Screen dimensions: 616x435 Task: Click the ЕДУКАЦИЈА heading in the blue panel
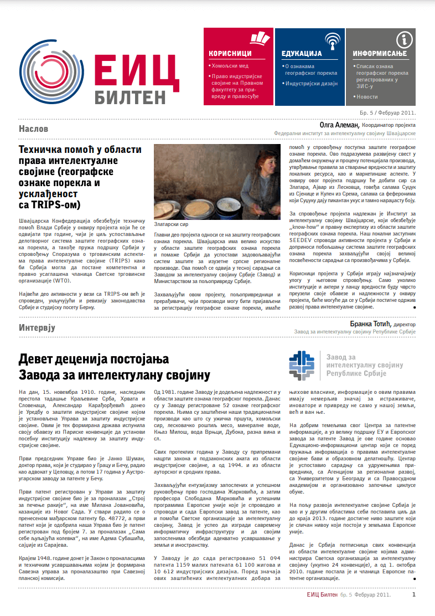coord(302,54)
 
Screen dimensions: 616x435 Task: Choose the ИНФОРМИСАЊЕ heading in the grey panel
coord(380,54)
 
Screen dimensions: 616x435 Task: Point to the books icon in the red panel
coord(258,38)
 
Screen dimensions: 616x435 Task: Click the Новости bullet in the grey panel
coord(366,96)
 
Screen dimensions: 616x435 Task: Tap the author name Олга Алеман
coord(339,125)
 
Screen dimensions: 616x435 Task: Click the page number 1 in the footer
coord(413,594)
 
